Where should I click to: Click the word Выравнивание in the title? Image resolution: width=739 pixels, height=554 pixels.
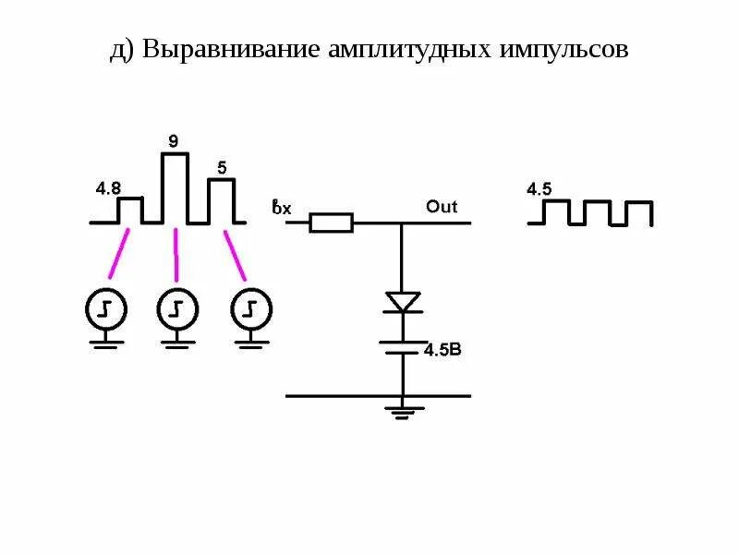231,49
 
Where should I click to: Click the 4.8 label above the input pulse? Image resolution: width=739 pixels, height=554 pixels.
108,188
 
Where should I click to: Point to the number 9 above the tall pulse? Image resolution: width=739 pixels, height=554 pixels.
173,141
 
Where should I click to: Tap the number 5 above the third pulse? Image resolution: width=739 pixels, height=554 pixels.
222,168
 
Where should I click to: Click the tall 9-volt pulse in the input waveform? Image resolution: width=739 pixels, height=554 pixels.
175,188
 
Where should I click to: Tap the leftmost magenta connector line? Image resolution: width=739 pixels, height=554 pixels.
119,253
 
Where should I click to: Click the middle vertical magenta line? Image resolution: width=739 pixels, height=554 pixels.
176,255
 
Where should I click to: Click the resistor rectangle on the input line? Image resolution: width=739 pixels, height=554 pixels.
330,223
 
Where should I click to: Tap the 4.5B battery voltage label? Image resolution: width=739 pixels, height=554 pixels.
442,350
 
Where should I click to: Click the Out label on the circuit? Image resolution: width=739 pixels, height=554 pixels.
442,207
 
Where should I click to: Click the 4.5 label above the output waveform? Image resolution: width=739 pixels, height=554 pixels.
539,189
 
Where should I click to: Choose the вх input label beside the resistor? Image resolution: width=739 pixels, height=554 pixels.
281,208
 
